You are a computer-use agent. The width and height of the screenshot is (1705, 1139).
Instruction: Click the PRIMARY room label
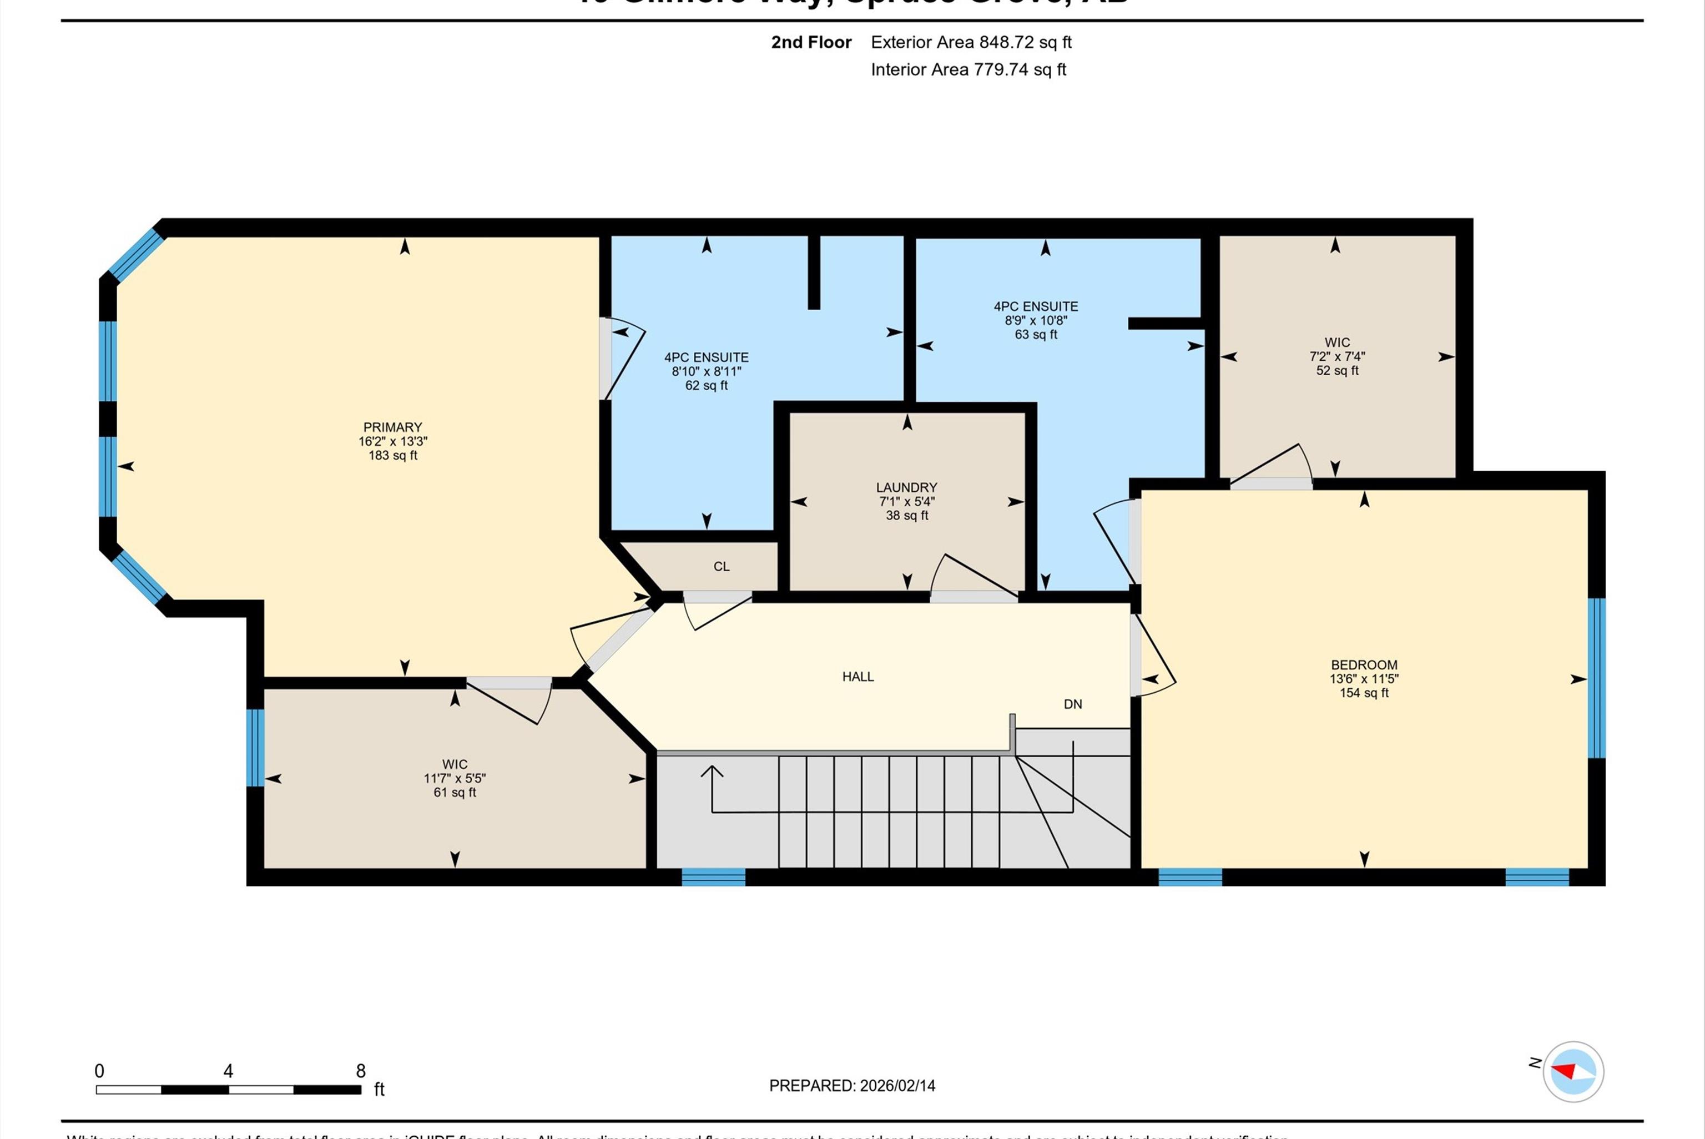point(392,427)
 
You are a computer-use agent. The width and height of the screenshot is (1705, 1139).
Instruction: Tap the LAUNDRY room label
point(906,487)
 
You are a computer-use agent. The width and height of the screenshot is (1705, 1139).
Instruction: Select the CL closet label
point(721,567)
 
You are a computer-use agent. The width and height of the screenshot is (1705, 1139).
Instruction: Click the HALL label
point(857,676)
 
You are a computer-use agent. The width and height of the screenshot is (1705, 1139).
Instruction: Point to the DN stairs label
point(1072,704)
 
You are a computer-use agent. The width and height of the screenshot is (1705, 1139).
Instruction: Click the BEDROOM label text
point(1364,664)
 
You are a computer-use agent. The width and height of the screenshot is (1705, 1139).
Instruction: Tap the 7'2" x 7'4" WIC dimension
point(1337,357)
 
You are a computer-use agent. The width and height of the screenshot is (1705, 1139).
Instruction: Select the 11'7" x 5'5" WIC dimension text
point(455,778)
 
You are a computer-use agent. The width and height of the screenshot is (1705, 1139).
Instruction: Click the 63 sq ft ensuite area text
point(1036,335)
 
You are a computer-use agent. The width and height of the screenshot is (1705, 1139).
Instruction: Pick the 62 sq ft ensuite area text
point(706,386)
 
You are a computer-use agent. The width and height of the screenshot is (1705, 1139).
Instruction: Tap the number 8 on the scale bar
point(360,1071)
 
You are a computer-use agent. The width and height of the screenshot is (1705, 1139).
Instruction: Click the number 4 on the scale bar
point(228,1071)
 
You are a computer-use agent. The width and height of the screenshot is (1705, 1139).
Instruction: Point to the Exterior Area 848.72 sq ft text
point(971,42)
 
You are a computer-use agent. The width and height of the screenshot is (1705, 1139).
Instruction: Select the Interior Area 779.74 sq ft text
point(968,70)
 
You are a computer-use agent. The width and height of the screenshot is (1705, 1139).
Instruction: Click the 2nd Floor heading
point(810,42)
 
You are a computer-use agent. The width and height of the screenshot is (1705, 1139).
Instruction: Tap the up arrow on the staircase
point(712,772)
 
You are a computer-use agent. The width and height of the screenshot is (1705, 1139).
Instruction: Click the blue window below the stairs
point(713,877)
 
